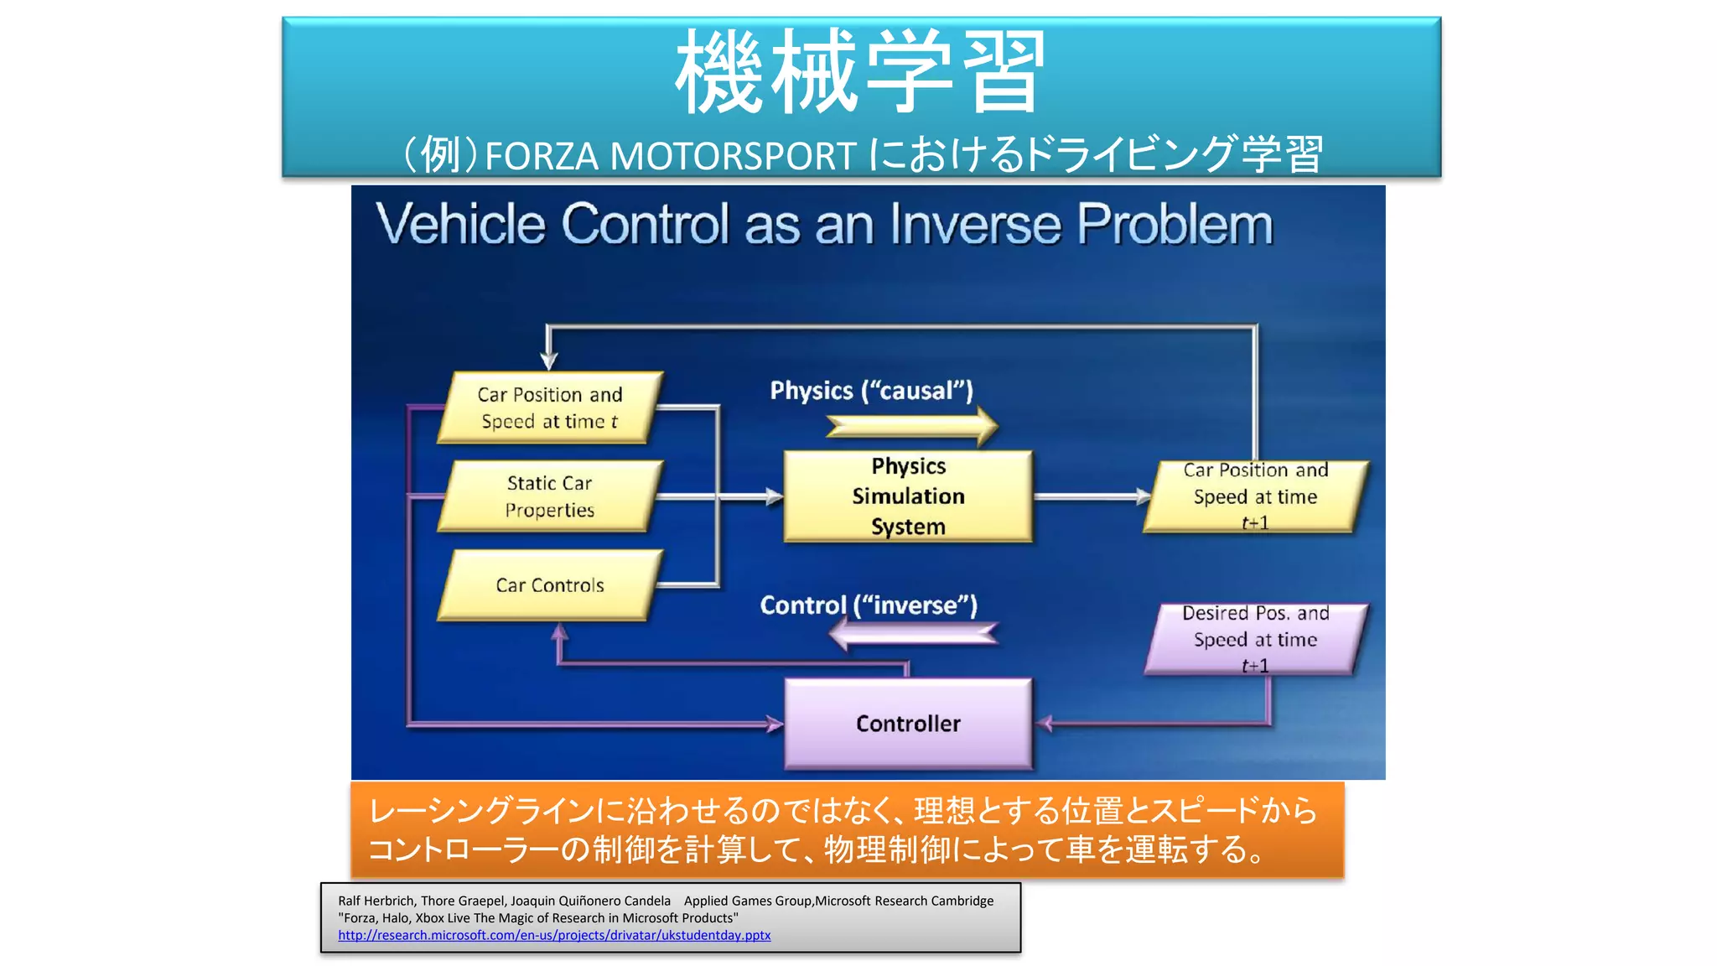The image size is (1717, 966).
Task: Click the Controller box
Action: point(908,724)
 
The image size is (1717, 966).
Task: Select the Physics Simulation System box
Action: point(908,496)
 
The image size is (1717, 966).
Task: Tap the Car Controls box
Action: point(550,585)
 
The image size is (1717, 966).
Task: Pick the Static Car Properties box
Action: point(550,496)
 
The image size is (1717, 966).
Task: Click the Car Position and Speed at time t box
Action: point(550,408)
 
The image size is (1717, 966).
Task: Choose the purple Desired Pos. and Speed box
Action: point(1255,639)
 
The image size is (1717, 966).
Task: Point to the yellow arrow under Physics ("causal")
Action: point(912,427)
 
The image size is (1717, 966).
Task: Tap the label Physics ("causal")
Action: point(871,391)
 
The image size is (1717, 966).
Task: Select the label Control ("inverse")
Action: point(869,605)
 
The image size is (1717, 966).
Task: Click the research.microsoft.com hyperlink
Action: point(554,935)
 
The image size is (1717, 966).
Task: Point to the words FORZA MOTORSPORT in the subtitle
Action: point(670,156)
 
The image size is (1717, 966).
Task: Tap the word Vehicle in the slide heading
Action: point(460,225)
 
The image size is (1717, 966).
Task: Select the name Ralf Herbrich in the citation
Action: point(376,901)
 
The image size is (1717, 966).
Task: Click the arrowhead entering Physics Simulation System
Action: point(775,496)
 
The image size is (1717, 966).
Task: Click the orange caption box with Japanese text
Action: point(847,830)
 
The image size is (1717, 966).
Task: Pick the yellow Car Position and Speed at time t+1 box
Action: point(1255,496)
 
